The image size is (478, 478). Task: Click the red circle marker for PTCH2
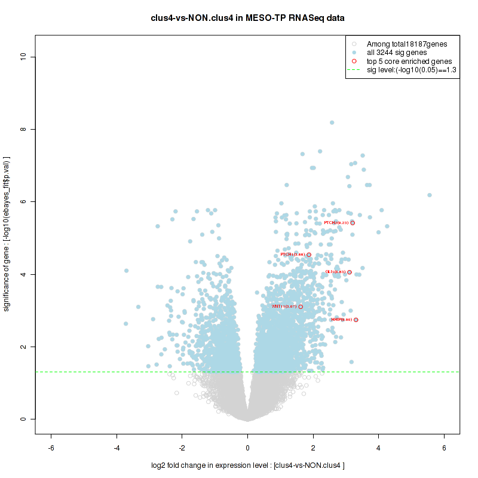[x=353, y=223]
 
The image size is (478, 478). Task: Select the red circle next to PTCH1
[x=309, y=255]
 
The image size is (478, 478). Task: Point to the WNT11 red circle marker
[x=301, y=307]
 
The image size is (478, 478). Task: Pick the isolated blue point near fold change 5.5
[x=429, y=195]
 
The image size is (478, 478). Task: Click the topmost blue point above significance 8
[x=332, y=122]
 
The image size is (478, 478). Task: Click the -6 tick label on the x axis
[x=51, y=447]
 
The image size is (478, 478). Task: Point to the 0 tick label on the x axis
[x=248, y=447]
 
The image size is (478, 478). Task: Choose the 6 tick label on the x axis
[x=444, y=447]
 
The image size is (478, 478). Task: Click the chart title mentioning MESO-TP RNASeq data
[x=247, y=18]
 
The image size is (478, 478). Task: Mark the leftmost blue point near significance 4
[x=126, y=271]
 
